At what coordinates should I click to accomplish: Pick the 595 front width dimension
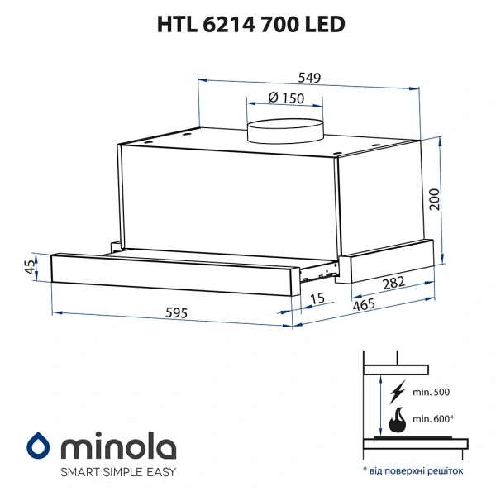(176, 313)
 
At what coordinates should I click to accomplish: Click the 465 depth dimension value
(363, 304)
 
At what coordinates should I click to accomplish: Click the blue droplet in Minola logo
(38, 447)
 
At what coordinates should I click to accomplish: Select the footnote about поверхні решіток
(414, 470)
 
